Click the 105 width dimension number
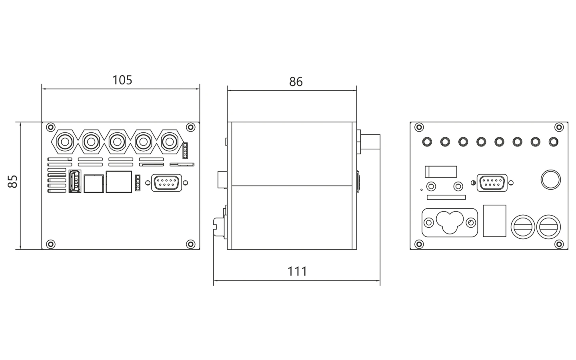(122, 80)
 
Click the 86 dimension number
(296, 82)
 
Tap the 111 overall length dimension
(297, 272)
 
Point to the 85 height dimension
(13, 182)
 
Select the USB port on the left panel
(75, 181)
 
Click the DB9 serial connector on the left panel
(167, 183)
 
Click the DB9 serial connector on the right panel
(492, 183)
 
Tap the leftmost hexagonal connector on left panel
(65, 142)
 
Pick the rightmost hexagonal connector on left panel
(169, 142)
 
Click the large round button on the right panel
(550, 180)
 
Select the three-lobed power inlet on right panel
(450, 222)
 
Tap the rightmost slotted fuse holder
(549, 227)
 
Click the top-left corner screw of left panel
(51, 127)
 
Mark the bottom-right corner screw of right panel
(559, 244)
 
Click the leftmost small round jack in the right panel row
(427, 142)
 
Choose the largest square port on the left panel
(119, 182)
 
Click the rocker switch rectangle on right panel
(441, 172)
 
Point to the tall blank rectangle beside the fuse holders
(494, 221)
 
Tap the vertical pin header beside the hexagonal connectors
(185, 150)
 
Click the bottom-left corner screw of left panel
(51, 244)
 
